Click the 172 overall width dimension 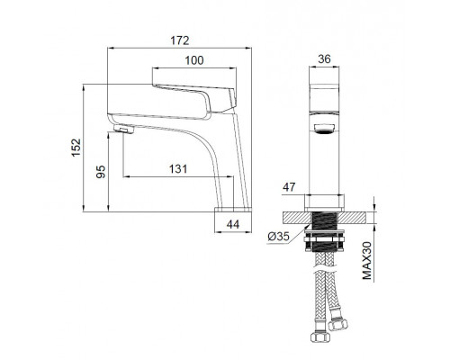point(180,40)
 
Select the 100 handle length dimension point(194,60)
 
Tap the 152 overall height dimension point(76,147)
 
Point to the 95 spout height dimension point(101,172)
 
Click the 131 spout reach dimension point(178,169)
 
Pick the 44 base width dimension point(233,224)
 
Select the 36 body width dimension point(324,59)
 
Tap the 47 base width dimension point(289,187)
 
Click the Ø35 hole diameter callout point(279,237)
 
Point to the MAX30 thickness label point(367,260)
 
